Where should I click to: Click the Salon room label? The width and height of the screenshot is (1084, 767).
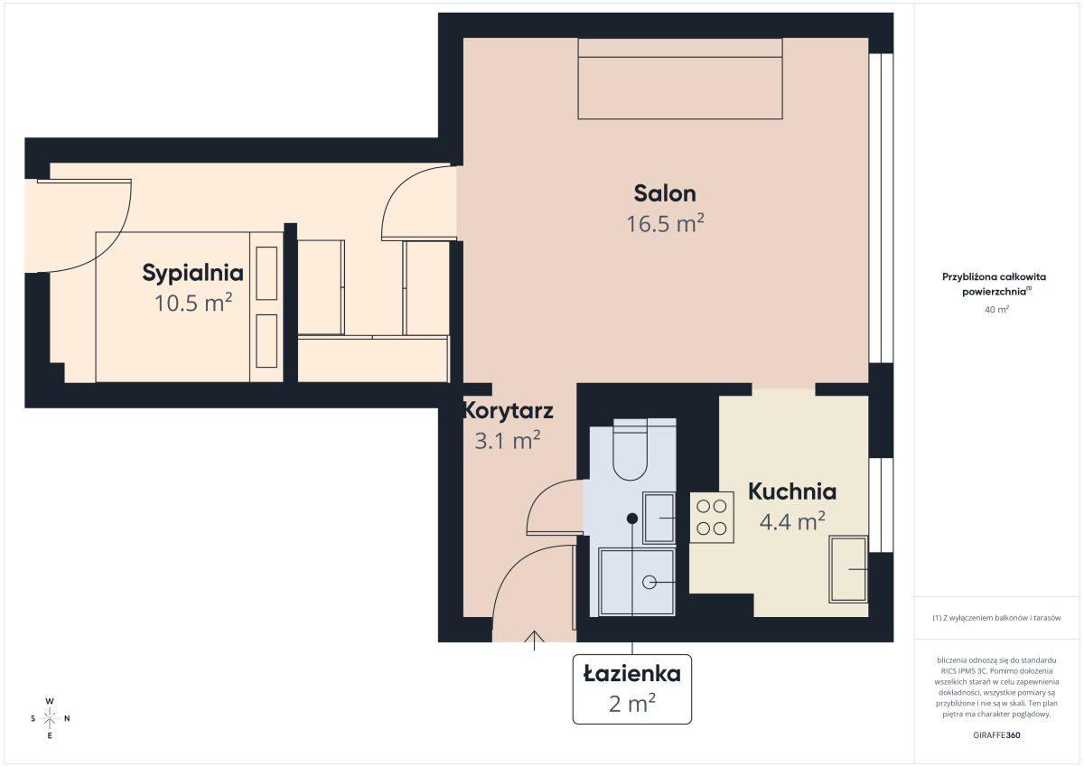665,193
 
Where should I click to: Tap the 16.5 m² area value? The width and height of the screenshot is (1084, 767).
665,223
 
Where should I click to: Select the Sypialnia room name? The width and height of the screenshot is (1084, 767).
192,274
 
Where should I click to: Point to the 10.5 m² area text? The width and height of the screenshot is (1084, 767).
193,303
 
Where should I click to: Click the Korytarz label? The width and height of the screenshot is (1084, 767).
508,411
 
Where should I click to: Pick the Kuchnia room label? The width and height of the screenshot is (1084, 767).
792,491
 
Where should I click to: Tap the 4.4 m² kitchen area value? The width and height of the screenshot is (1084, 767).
792,521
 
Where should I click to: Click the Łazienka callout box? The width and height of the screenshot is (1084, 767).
632,689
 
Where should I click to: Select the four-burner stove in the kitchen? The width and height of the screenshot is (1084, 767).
712,517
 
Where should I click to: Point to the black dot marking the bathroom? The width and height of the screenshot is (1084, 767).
632,519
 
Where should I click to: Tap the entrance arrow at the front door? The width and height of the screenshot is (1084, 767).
534,641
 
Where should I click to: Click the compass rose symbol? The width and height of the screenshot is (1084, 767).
50,718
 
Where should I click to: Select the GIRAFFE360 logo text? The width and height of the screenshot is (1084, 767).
996,735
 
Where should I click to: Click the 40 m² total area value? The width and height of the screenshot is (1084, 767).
996,309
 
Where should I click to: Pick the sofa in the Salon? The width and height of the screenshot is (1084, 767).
680,79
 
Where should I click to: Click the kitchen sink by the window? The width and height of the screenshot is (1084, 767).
848,569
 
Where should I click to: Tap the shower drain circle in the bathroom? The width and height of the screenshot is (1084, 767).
649,582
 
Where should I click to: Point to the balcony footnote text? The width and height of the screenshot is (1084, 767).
996,618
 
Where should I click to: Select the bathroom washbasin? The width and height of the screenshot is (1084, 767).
659,518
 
